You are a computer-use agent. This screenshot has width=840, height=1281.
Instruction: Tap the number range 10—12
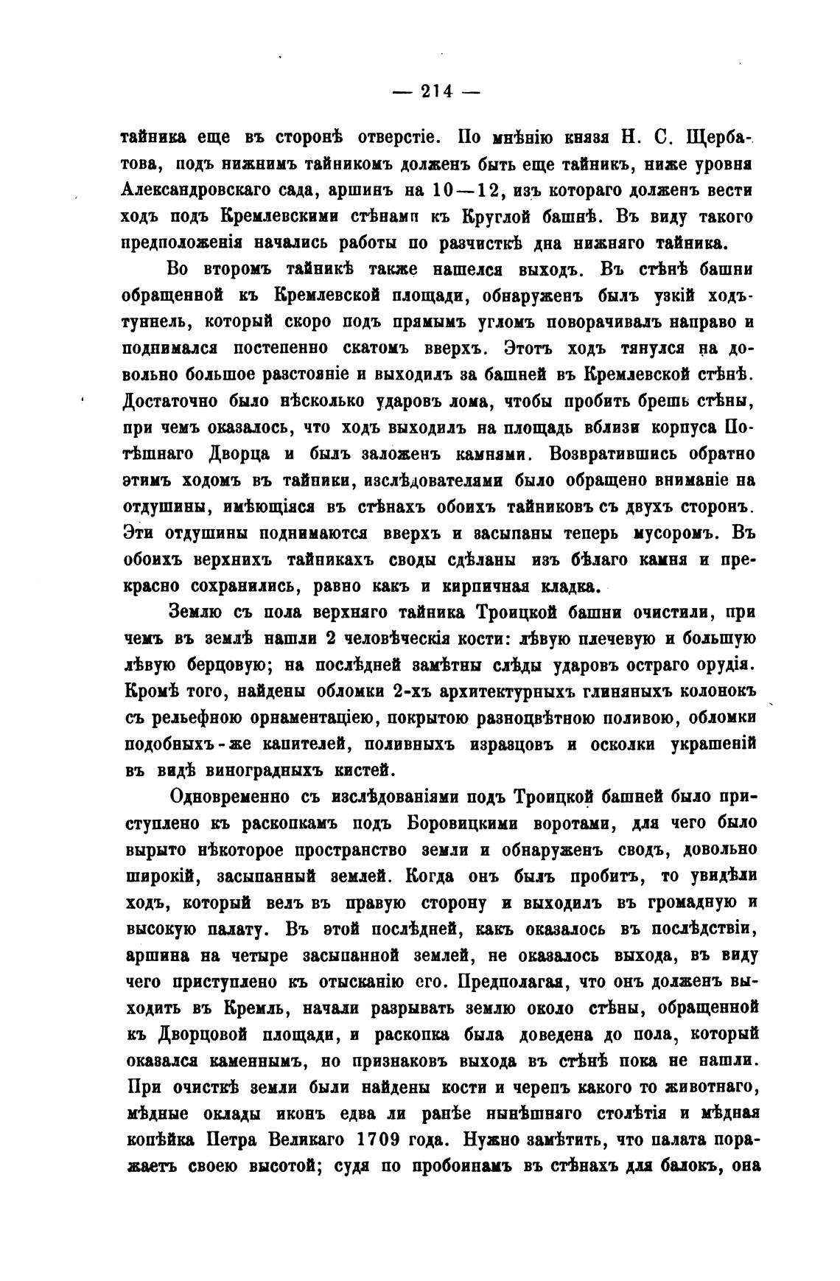tap(465, 189)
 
